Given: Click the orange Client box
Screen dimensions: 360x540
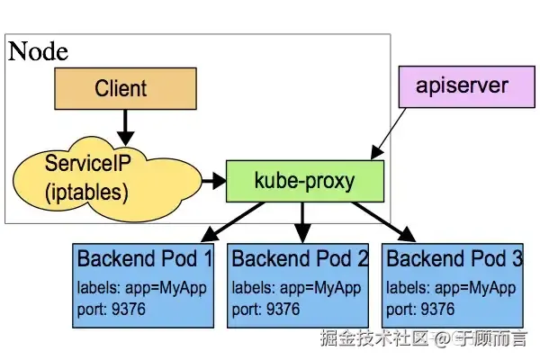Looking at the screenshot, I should coord(121,88).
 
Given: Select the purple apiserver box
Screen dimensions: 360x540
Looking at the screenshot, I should coord(462,87).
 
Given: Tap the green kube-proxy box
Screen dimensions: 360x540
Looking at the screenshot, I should coord(304,181).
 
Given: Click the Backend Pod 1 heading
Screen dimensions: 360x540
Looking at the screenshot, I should coord(144,259).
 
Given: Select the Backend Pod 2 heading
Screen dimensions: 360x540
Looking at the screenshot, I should coord(300,259).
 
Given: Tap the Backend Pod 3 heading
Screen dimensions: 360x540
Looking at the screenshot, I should coord(454,259).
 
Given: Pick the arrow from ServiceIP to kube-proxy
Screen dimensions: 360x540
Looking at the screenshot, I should coord(213,181).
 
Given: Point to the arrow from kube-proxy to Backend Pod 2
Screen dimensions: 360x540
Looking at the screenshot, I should coord(303,221).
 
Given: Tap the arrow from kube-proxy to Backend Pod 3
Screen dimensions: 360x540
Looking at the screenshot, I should coord(383,221).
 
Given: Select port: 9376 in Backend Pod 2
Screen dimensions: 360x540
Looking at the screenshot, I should coord(266,310).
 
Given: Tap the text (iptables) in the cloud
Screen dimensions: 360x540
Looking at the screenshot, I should coord(86,192).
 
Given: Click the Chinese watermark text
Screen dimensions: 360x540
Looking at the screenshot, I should coord(423,338).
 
